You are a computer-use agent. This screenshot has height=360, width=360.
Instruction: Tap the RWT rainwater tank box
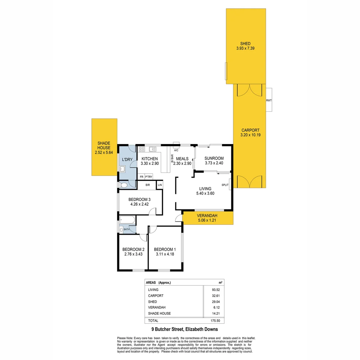click(x=269, y=100)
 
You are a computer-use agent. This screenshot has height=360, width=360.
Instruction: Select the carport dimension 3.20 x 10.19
click(x=250, y=135)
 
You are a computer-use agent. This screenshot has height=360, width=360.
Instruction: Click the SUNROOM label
click(x=214, y=158)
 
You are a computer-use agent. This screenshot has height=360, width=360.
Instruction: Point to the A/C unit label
click(x=176, y=150)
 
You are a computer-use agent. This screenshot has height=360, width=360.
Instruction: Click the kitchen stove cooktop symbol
click(x=142, y=149)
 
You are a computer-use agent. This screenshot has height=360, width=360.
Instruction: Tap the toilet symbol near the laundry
click(x=124, y=185)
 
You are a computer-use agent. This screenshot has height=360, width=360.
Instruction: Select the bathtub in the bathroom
click(x=127, y=220)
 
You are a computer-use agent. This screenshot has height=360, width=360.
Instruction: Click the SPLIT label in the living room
click(x=225, y=185)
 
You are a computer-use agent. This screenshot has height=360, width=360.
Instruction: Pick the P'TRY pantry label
click(x=148, y=177)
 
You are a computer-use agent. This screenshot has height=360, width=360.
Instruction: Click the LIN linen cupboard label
click(x=160, y=185)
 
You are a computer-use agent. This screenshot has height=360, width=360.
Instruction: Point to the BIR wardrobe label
click(x=147, y=185)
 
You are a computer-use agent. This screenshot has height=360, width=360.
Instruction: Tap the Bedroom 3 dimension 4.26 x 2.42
click(x=140, y=205)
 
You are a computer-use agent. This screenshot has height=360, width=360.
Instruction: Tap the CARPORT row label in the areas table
click(x=156, y=296)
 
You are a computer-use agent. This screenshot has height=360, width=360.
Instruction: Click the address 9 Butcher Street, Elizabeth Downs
click(x=184, y=329)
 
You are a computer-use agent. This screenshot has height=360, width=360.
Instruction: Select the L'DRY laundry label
click(x=128, y=160)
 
